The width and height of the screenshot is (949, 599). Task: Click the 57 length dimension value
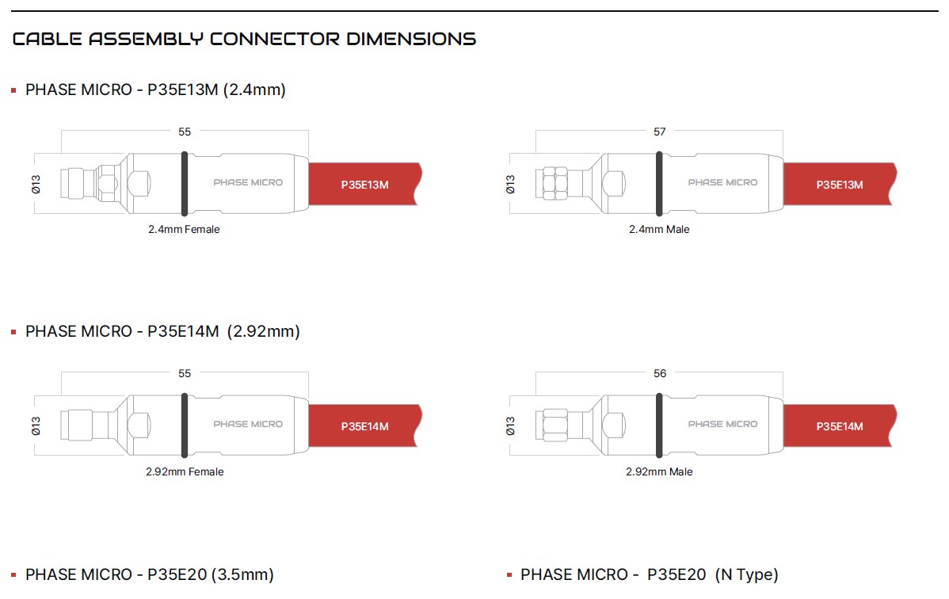pyautogui.click(x=660, y=132)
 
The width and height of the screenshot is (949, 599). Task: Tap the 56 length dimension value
pyautogui.click(x=660, y=374)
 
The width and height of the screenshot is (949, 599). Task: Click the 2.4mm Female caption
pyautogui.click(x=184, y=230)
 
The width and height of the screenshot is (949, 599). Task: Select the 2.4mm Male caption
pyautogui.click(x=659, y=230)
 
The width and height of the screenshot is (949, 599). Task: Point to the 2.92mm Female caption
pyautogui.click(x=185, y=471)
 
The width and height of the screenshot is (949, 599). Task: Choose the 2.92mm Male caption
pyautogui.click(x=659, y=471)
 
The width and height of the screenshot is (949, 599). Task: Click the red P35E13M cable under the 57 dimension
pyautogui.click(x=840, y=184)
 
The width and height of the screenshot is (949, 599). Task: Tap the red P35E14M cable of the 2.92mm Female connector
pyautogui.click(x=365, y=425)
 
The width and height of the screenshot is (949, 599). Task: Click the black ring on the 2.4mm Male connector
pyautogui.click(x=659, y=184)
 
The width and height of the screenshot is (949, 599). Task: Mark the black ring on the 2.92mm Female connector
pyautogui.click(x=185, y=425)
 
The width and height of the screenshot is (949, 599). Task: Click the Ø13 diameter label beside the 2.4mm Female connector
pyautogui.click(x=36, y=184)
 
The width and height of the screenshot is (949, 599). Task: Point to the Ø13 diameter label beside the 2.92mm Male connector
pyautogui.click(x=510, y=425)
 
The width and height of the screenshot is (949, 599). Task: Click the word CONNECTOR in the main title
pyautogui.click(x=275, y=39)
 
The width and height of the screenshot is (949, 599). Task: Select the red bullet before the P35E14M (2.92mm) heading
pyautogui.click(x=13, y=332)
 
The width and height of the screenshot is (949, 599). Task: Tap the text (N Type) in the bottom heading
pyautogui.click(x=746, y=574)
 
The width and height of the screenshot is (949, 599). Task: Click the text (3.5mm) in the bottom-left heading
pyautogui.click(x=242, y=574)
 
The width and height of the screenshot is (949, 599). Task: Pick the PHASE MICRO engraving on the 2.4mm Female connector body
pyautogui.click(x=248, y=182)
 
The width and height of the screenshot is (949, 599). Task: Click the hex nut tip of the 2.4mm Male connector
pyautogui.click(x=555, y=184)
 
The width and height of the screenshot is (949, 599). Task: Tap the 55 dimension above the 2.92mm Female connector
pyautogui.click(x=185, y=374)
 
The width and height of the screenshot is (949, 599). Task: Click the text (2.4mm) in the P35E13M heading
pyautogui.click(x=254, y=90)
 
